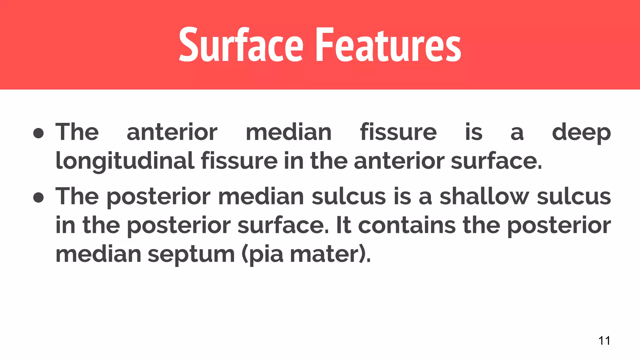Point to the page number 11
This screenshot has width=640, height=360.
(604, 340)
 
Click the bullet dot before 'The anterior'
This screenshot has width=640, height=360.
(38, 133)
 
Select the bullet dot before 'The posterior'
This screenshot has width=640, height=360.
(38, 197)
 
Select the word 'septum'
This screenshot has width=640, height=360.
(191, 254)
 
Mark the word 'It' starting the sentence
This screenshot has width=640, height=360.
(343, 225)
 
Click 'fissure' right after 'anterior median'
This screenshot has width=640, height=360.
(398, 132)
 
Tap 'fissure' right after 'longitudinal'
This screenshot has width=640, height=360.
(239, 161)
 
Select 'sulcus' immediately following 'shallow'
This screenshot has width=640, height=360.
(574, 197)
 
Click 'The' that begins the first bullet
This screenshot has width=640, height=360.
(77, 132)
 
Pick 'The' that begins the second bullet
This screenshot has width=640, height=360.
(77, 197)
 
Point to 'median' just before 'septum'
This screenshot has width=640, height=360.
(98, 254)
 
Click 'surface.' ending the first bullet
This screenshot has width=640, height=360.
(496, 161)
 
